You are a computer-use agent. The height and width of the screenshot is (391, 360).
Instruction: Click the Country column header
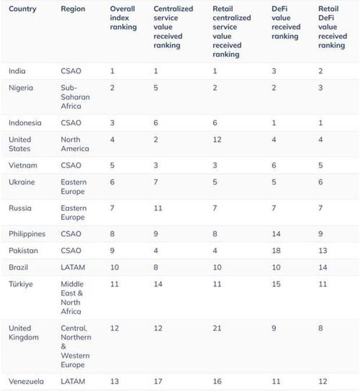22,9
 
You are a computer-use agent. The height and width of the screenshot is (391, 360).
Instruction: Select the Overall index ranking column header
123,18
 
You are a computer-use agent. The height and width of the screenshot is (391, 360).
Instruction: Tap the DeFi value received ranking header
286,23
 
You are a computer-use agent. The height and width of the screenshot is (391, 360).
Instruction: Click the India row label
17,71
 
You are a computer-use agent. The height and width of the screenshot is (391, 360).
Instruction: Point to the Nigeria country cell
21,88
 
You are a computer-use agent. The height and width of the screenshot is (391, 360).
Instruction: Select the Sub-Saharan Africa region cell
75,97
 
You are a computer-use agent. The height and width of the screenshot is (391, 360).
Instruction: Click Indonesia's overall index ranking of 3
113,123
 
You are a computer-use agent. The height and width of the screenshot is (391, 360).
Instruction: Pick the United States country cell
20,144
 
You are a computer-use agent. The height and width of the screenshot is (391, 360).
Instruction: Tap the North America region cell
75,144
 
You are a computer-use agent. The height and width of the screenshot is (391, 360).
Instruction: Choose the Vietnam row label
22,165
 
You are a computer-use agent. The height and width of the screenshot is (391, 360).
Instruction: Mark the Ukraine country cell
21,182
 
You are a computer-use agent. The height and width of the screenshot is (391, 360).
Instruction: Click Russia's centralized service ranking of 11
158,208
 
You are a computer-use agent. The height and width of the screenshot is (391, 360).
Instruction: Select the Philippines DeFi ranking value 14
276,234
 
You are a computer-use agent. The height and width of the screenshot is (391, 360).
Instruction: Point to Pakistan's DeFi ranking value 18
276,251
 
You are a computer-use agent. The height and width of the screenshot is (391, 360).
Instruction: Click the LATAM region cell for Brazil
73,267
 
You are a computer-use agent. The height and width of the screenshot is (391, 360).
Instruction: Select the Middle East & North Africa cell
73,297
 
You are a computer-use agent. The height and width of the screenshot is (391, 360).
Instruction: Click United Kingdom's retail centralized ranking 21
218,328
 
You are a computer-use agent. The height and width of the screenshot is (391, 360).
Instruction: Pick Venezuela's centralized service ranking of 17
158,381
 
